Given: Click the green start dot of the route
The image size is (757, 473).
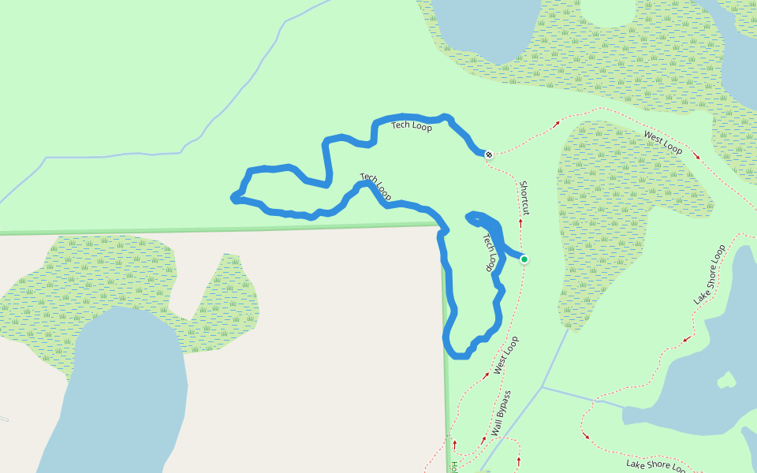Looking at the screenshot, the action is tap(524, 259).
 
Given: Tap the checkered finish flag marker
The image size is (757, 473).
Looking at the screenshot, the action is tap(489, 154).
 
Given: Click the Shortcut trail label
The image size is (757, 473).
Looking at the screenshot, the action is tap(524, 197).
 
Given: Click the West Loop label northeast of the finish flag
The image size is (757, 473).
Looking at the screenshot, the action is tap(662, 143).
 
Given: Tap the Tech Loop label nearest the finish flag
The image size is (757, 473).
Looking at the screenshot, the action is tap(412, 126).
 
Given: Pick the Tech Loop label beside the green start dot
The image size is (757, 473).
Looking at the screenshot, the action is tap(490, 252).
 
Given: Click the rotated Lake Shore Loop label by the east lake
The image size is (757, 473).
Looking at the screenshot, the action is tap(709, 275).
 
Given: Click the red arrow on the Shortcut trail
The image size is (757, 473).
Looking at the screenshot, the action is tap(520, 223).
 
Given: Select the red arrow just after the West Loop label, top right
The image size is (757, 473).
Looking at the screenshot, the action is tap(696, 156).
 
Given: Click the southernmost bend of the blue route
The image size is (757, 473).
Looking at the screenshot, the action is tap(460, 356).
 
